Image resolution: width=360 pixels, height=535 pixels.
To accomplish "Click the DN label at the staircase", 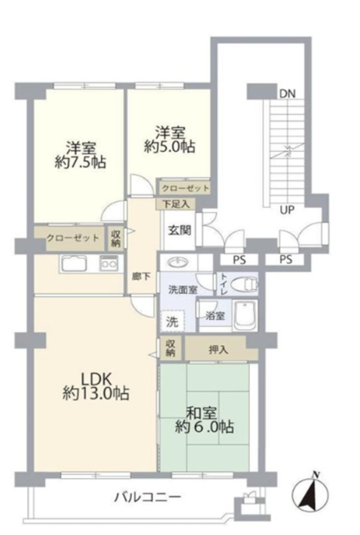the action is point(287,94).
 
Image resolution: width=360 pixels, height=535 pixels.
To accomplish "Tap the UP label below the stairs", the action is point(287,210).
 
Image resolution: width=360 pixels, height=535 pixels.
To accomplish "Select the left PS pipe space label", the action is point(239,260).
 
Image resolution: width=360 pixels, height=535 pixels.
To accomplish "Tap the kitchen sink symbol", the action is point(74,263).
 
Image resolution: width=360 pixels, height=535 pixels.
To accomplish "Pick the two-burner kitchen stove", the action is point(109,263).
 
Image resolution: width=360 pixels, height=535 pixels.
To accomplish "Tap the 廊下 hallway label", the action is point(141,277).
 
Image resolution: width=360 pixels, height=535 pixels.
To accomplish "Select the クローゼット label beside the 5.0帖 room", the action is point(185,189).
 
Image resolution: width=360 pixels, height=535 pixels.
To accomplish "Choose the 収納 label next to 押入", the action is point(171,349).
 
